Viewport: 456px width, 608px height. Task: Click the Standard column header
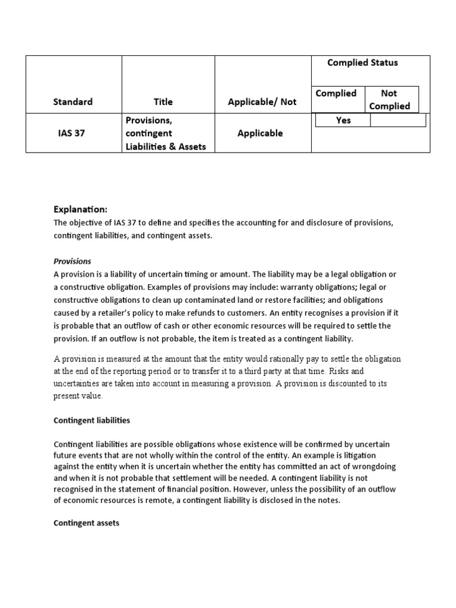[74, 102]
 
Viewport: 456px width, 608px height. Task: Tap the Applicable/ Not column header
[262, 102]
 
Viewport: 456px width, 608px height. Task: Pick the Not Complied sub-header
[389, 100]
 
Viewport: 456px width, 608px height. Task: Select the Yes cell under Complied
[343, 121]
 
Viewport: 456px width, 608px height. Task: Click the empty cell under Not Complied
[397, 121]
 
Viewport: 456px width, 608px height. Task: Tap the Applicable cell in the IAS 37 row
[260, 134]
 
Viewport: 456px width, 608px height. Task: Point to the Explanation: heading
[81, 210]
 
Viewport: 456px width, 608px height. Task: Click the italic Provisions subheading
[72, 261]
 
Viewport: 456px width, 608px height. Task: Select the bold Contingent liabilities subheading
[91, 420]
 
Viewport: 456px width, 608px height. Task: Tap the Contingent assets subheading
[86, 524]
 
